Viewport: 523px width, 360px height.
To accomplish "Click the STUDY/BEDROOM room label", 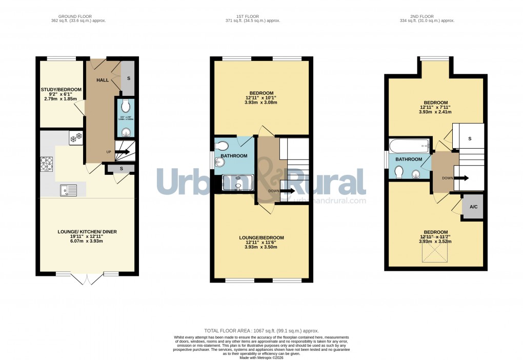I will tap(58, 90).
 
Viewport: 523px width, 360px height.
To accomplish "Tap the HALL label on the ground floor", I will tap(103, 80).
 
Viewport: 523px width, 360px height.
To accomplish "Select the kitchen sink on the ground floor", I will tap(68, 190).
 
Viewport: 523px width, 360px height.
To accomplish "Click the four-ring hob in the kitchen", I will tap(47, 163).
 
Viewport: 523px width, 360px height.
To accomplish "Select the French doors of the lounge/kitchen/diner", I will tap(87, 278).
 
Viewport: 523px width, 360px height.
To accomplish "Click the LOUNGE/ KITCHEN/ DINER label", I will tap(87, 232).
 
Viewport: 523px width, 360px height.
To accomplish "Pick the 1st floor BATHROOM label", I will tap(234, 156).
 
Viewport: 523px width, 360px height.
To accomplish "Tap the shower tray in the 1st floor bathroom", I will tap(237, 183).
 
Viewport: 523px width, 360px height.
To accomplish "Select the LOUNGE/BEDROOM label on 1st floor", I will tap(261, 237).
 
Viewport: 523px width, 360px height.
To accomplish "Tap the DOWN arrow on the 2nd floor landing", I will tap(461, 178).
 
